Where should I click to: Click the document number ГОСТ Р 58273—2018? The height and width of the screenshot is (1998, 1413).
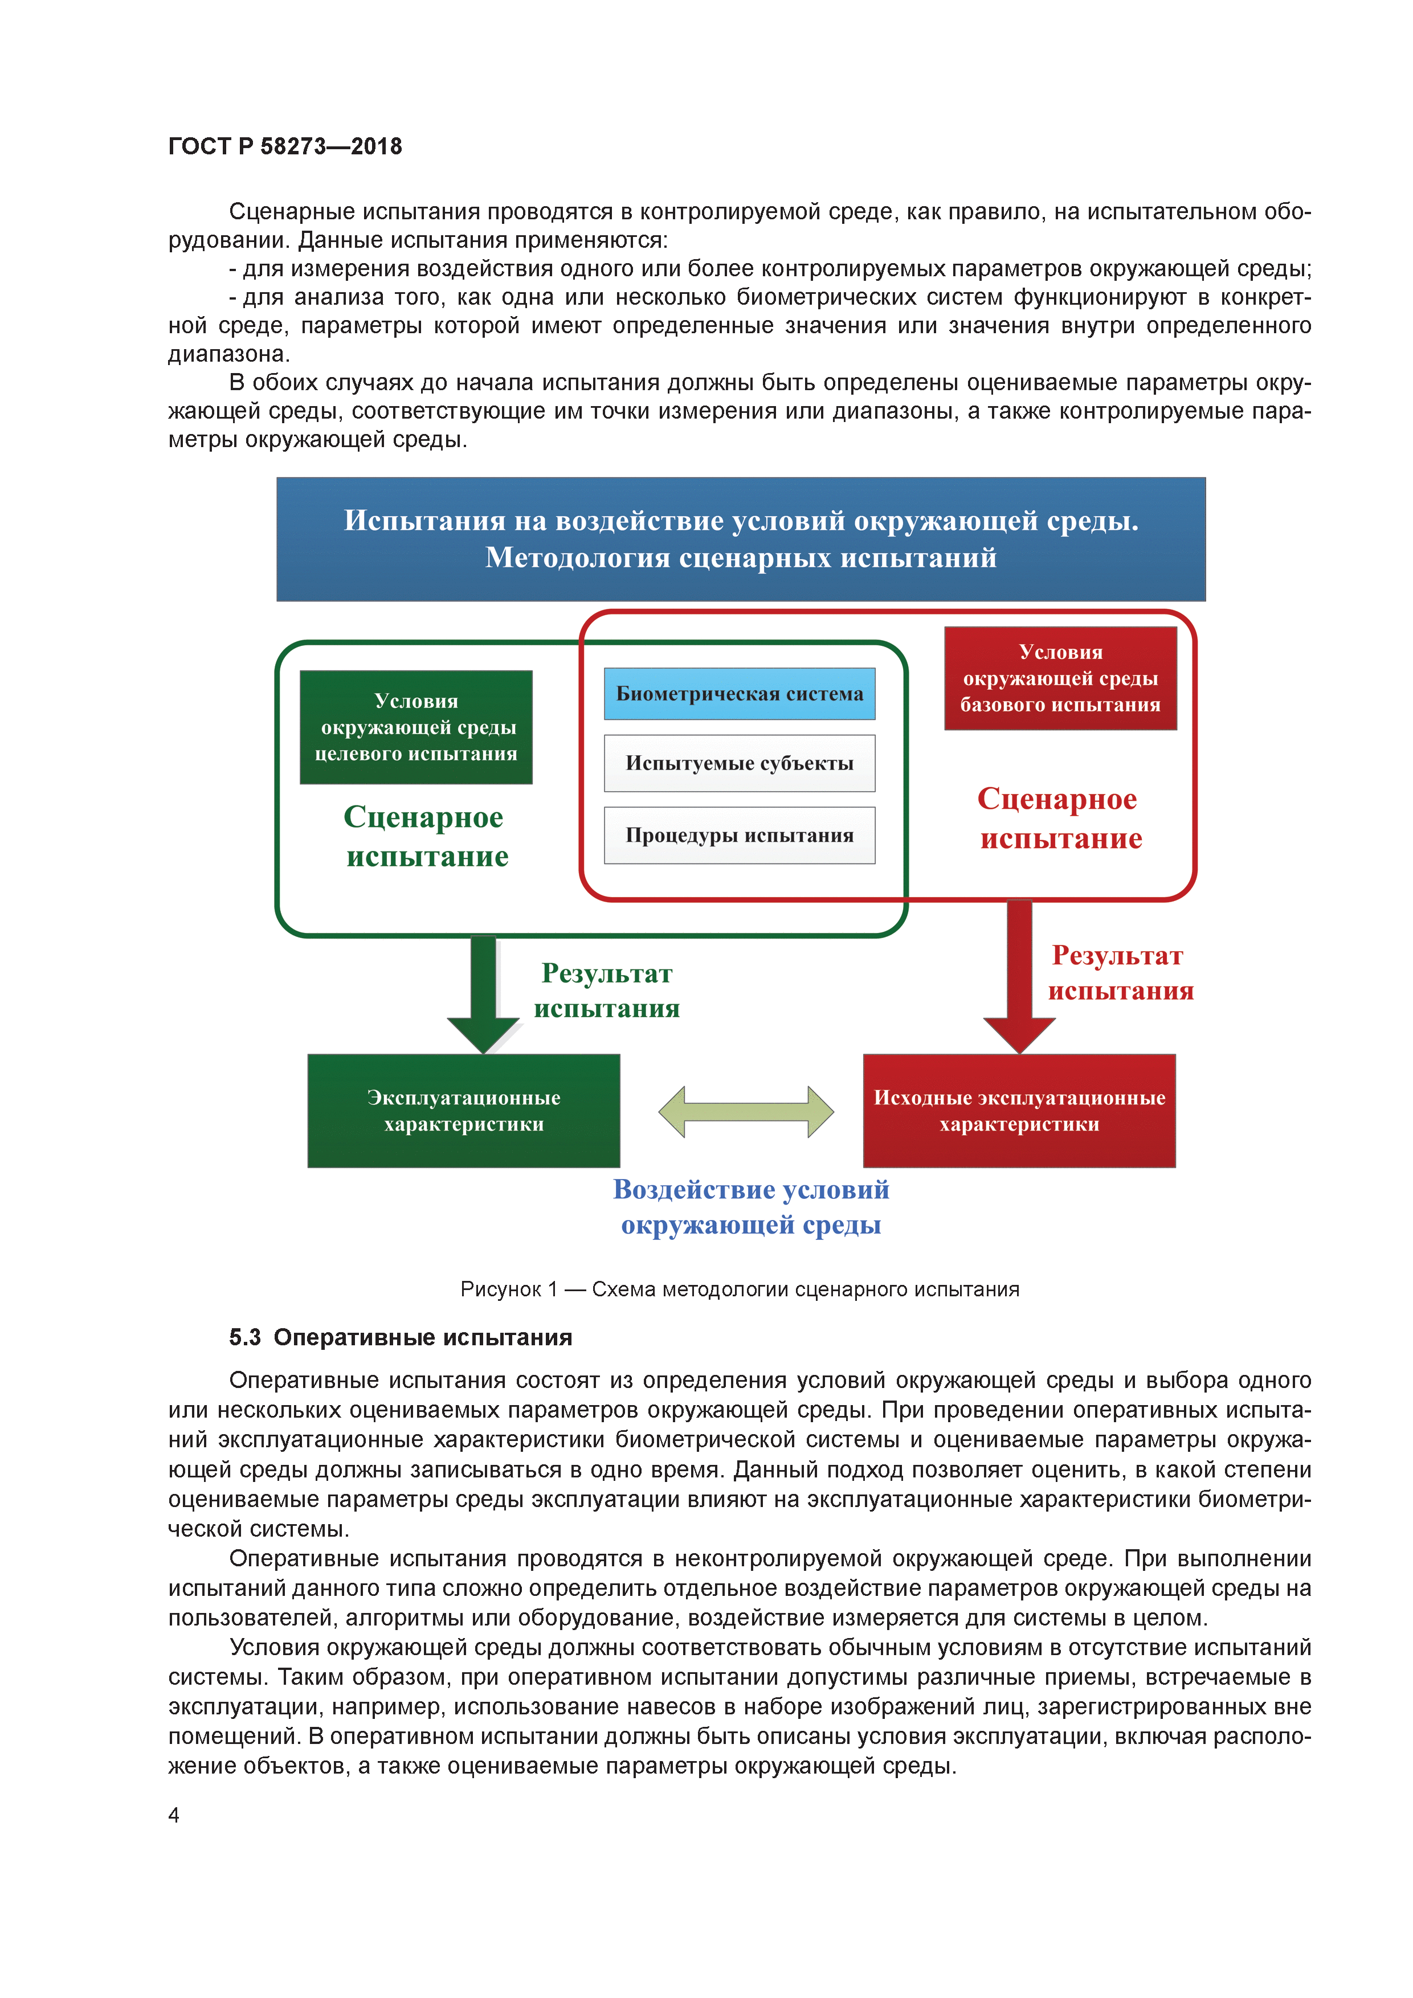click(285, 146)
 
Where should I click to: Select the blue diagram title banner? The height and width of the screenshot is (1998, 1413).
click(740, 539)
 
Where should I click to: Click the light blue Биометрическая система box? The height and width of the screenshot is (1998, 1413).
click(739, 694)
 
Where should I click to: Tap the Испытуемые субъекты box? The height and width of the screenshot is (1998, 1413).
click(739, 763)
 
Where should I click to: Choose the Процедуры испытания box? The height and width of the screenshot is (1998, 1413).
click(739, 836)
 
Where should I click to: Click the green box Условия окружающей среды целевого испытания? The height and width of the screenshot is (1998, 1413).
click(415, 727)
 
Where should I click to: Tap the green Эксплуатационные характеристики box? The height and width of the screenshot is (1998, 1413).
click(463, 1111)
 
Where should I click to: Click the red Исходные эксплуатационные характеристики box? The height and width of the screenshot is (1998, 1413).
click(1019, 1111)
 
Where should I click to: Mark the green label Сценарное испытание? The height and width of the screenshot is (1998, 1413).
click(426, 836)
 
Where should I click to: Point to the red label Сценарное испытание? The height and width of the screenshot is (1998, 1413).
click(1059, 818)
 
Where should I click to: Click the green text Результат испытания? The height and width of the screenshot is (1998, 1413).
click(607, 990)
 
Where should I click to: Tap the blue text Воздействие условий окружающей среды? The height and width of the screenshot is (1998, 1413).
click(750, 1206)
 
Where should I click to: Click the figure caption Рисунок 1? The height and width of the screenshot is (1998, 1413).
click(739, 1289)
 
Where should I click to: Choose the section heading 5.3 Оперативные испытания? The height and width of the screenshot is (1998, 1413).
click(401, 1337)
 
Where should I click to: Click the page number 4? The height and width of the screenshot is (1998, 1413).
click(174, 1815)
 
